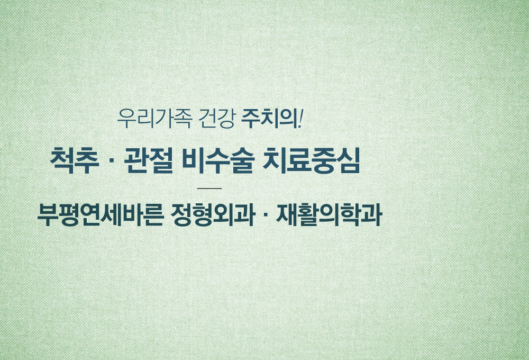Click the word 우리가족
pos(155,119)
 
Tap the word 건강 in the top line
pos(216,119)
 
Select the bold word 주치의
pos(270,119)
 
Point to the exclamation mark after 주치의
pos(301,119)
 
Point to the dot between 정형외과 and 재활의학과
pos(265,215)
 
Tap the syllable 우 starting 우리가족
pos(126,119)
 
